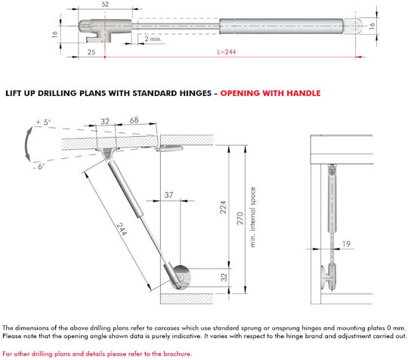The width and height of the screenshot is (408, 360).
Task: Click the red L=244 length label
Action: click(x=227, y=52)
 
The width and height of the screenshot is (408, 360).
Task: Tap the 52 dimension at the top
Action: click(x=105, y=5)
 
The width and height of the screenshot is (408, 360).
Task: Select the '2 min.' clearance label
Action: click(x=153, y=39)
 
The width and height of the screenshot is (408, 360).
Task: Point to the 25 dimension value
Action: click(x=91, y=52)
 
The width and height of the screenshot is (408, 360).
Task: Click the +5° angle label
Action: click(x=44, y=123)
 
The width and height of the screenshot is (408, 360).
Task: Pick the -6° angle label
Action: click(x=39, y=166)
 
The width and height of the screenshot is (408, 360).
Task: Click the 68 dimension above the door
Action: click(x=134, y=120)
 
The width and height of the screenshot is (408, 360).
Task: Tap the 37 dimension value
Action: click(x=168, y=195)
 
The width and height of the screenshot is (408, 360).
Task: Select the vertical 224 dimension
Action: click(x=223, y=207)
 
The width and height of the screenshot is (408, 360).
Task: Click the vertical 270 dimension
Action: click(x=240, y=218)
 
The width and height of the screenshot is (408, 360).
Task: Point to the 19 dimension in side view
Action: click(x=346, y=244)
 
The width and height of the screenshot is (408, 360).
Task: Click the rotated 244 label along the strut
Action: click(x=122, y=229)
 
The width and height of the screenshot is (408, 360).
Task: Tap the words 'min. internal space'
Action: click(x=252, y=217)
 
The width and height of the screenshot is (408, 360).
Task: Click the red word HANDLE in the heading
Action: click(x=304, y=93)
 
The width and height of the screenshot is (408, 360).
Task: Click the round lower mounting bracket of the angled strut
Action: click(x=181, y=277)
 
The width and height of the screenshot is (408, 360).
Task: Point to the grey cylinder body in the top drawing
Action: click(x=281, y=26)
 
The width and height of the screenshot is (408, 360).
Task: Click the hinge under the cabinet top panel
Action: click(x=170, y=148)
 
